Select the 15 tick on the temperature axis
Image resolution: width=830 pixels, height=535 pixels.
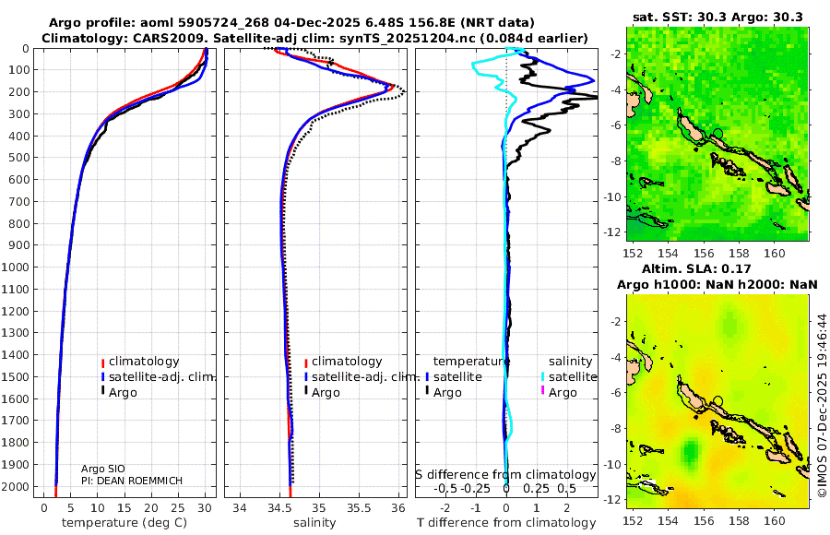[124, 507]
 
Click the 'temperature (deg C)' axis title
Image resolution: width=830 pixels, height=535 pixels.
[125, 523]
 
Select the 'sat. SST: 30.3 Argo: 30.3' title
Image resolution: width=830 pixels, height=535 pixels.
[718, 17]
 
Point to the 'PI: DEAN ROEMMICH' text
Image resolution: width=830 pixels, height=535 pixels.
[132, 481]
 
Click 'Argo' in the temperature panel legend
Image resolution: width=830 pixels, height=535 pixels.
[124, 392]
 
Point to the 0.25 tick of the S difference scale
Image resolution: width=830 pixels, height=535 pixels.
[536, 489]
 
